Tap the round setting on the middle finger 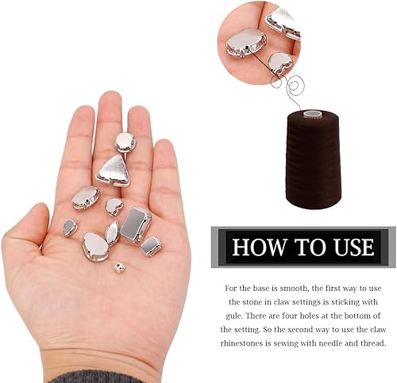coord(125,142)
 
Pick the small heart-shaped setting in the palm coord(114,206)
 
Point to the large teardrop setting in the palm coord(96,247)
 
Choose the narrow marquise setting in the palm coord(112,232)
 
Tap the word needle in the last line coord(333,343)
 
